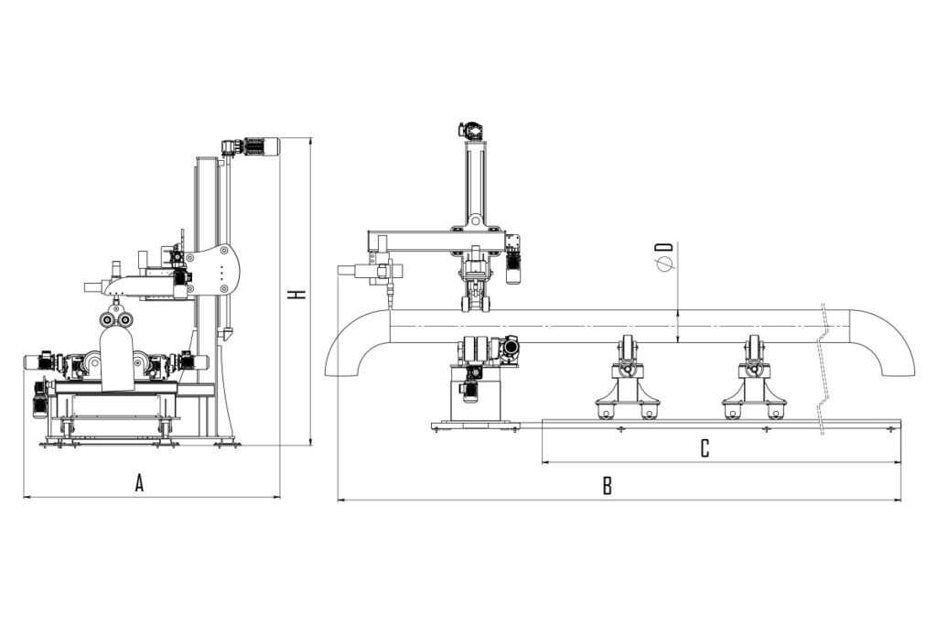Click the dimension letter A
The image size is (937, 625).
tap(139, 482)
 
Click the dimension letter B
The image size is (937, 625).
tap(608, 486)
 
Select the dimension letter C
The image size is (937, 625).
tap(705, 448)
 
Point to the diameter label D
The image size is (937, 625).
tap(665, 255)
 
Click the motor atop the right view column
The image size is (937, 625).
tap(473, 130)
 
